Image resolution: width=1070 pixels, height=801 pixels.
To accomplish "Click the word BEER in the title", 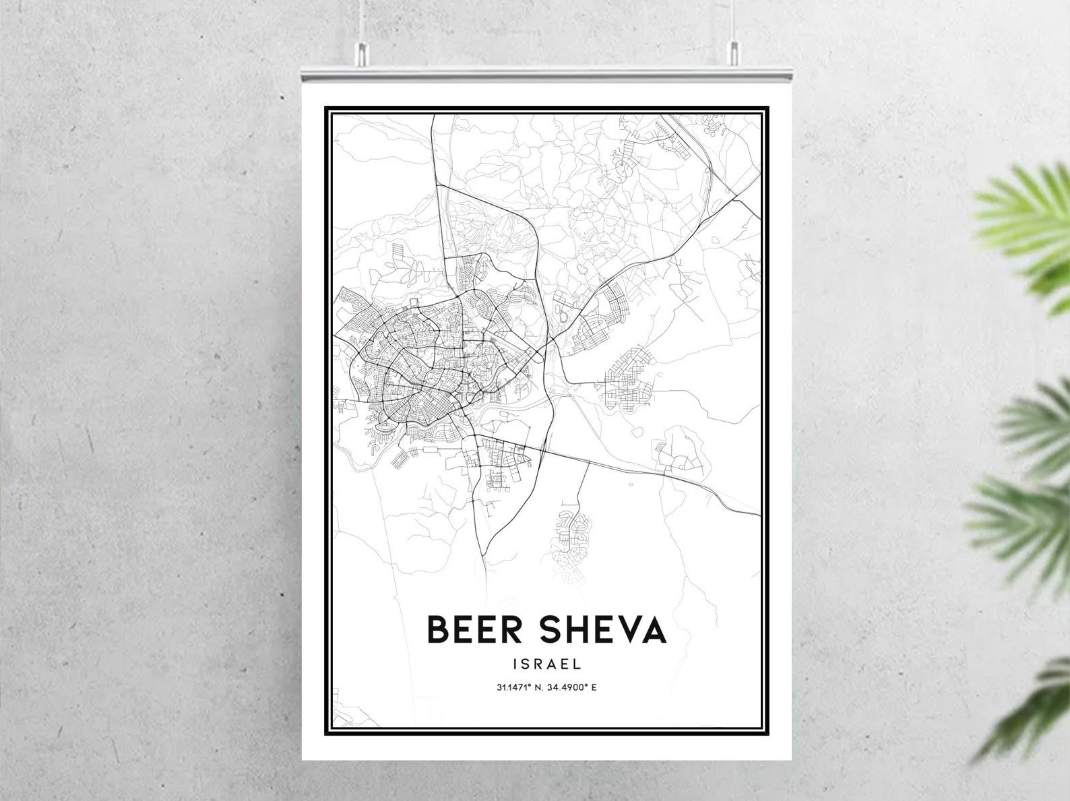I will tap(474, 630).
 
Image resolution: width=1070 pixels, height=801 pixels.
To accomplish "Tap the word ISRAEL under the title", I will tap(546, 664).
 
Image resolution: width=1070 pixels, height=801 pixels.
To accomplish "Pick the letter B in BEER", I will tap(439, 630).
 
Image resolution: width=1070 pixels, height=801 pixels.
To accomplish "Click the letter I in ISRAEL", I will tap(515, 664).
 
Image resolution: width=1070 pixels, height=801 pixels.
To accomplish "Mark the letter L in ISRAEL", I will tap(577, 664).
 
